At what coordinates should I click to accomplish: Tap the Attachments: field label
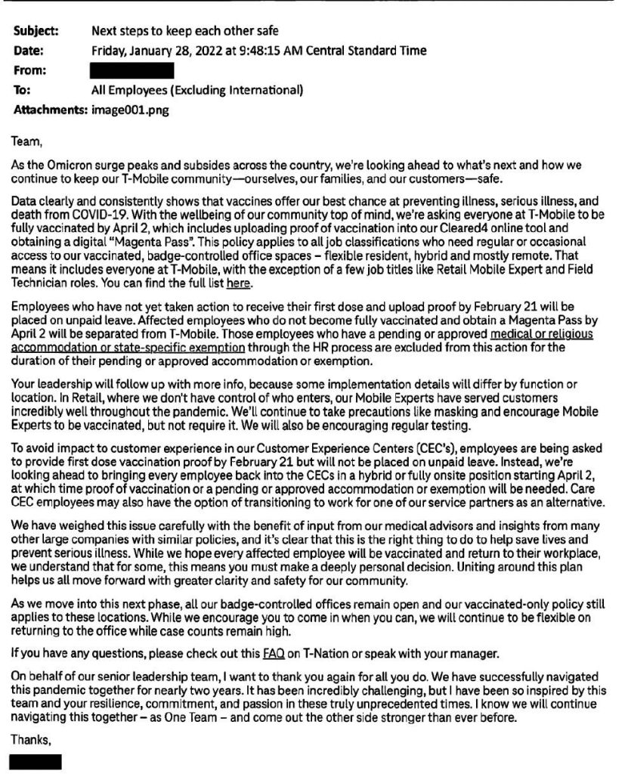pos(50,110)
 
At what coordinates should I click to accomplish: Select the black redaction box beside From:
pos(131,71)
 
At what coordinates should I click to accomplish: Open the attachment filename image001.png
pos(130,110)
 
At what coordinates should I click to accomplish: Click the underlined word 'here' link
pos(238,284)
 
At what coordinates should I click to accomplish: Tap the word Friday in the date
pos(110,51)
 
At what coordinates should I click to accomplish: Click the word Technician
pos(43,284)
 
